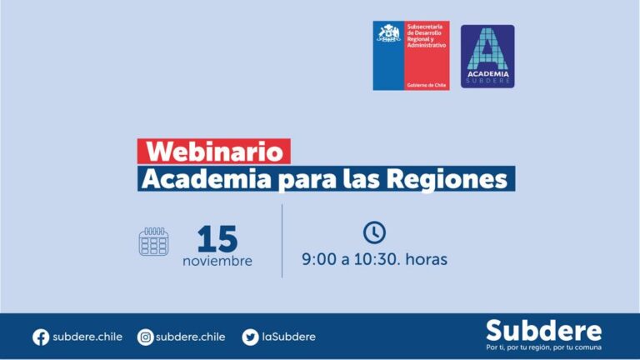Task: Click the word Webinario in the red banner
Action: coord(214,152)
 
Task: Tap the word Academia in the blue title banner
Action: coord(206,179)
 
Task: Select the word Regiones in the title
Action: coord(447,180)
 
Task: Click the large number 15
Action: coord(217,239)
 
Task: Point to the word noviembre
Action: coord(217,261)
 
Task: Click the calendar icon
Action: coord(153,242)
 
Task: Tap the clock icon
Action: coord(374,232)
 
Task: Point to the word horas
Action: coord(427,259)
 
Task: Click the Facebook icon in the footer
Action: coord(41,337)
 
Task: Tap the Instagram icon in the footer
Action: coord(145,337)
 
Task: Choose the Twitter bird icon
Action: coord(250,337)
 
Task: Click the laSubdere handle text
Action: coord(288,337)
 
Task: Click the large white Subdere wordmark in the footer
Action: coord(543,331)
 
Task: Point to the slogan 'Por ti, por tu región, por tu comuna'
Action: coord(543,347)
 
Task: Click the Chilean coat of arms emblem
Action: coord(388,33)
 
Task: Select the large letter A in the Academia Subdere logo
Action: coord(487,49)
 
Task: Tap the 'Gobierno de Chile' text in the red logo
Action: coord(427,85)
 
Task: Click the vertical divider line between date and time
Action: coord(282,241)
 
